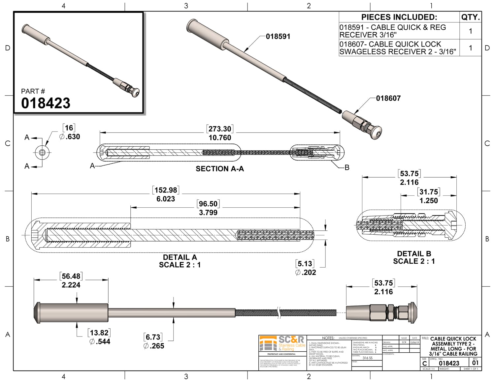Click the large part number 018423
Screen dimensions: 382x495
46,103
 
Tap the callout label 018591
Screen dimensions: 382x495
278,37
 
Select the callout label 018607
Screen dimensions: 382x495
388,98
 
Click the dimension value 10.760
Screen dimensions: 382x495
220,138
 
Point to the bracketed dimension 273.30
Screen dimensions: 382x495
220,129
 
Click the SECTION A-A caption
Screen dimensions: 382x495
220,169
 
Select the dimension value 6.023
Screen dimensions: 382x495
166,199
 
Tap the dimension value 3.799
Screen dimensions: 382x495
208,213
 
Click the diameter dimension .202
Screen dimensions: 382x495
306,273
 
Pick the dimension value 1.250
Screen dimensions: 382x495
428,201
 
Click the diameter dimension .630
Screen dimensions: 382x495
70,137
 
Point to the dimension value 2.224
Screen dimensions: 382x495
71,285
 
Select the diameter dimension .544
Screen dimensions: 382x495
100,342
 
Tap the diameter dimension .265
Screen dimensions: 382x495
154,346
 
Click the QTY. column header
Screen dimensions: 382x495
470,17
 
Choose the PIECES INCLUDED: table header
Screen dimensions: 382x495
399,17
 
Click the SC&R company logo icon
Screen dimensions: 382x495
268,344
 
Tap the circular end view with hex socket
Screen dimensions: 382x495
42,152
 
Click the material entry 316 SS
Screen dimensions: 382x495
368,358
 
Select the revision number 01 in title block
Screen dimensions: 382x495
475,363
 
